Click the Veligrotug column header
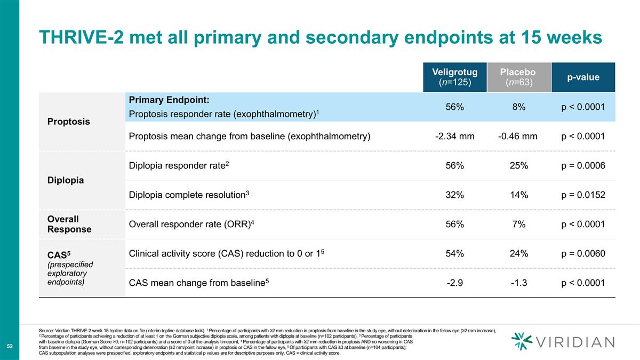455,77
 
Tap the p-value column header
583,77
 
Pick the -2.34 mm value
455,137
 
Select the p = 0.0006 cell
583,166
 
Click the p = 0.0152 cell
583,195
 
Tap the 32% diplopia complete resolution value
455,195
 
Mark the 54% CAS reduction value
455,253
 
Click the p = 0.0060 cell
583,253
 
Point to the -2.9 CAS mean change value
455,283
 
